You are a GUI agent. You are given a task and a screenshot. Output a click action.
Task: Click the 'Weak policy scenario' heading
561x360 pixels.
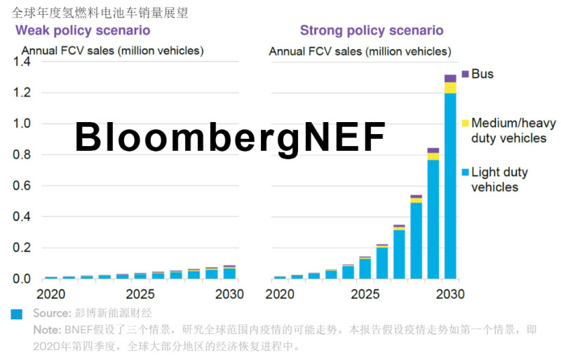83,31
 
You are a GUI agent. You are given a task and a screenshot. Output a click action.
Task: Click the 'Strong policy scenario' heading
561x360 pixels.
372,31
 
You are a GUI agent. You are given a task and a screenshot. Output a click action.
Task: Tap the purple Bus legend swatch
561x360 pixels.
466,74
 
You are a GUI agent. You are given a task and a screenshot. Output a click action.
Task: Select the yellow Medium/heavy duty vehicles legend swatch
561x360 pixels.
466,123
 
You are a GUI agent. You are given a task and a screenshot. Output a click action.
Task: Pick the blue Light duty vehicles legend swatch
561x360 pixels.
466,172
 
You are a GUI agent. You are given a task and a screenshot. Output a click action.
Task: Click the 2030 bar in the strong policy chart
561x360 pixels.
450,182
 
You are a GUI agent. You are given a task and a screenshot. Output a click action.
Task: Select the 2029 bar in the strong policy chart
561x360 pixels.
433,218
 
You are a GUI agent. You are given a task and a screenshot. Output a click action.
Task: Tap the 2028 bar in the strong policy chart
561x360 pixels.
417,239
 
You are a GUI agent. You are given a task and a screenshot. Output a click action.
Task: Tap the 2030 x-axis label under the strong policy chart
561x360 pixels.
447,293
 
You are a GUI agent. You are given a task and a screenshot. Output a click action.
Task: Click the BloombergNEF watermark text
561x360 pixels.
230,137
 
